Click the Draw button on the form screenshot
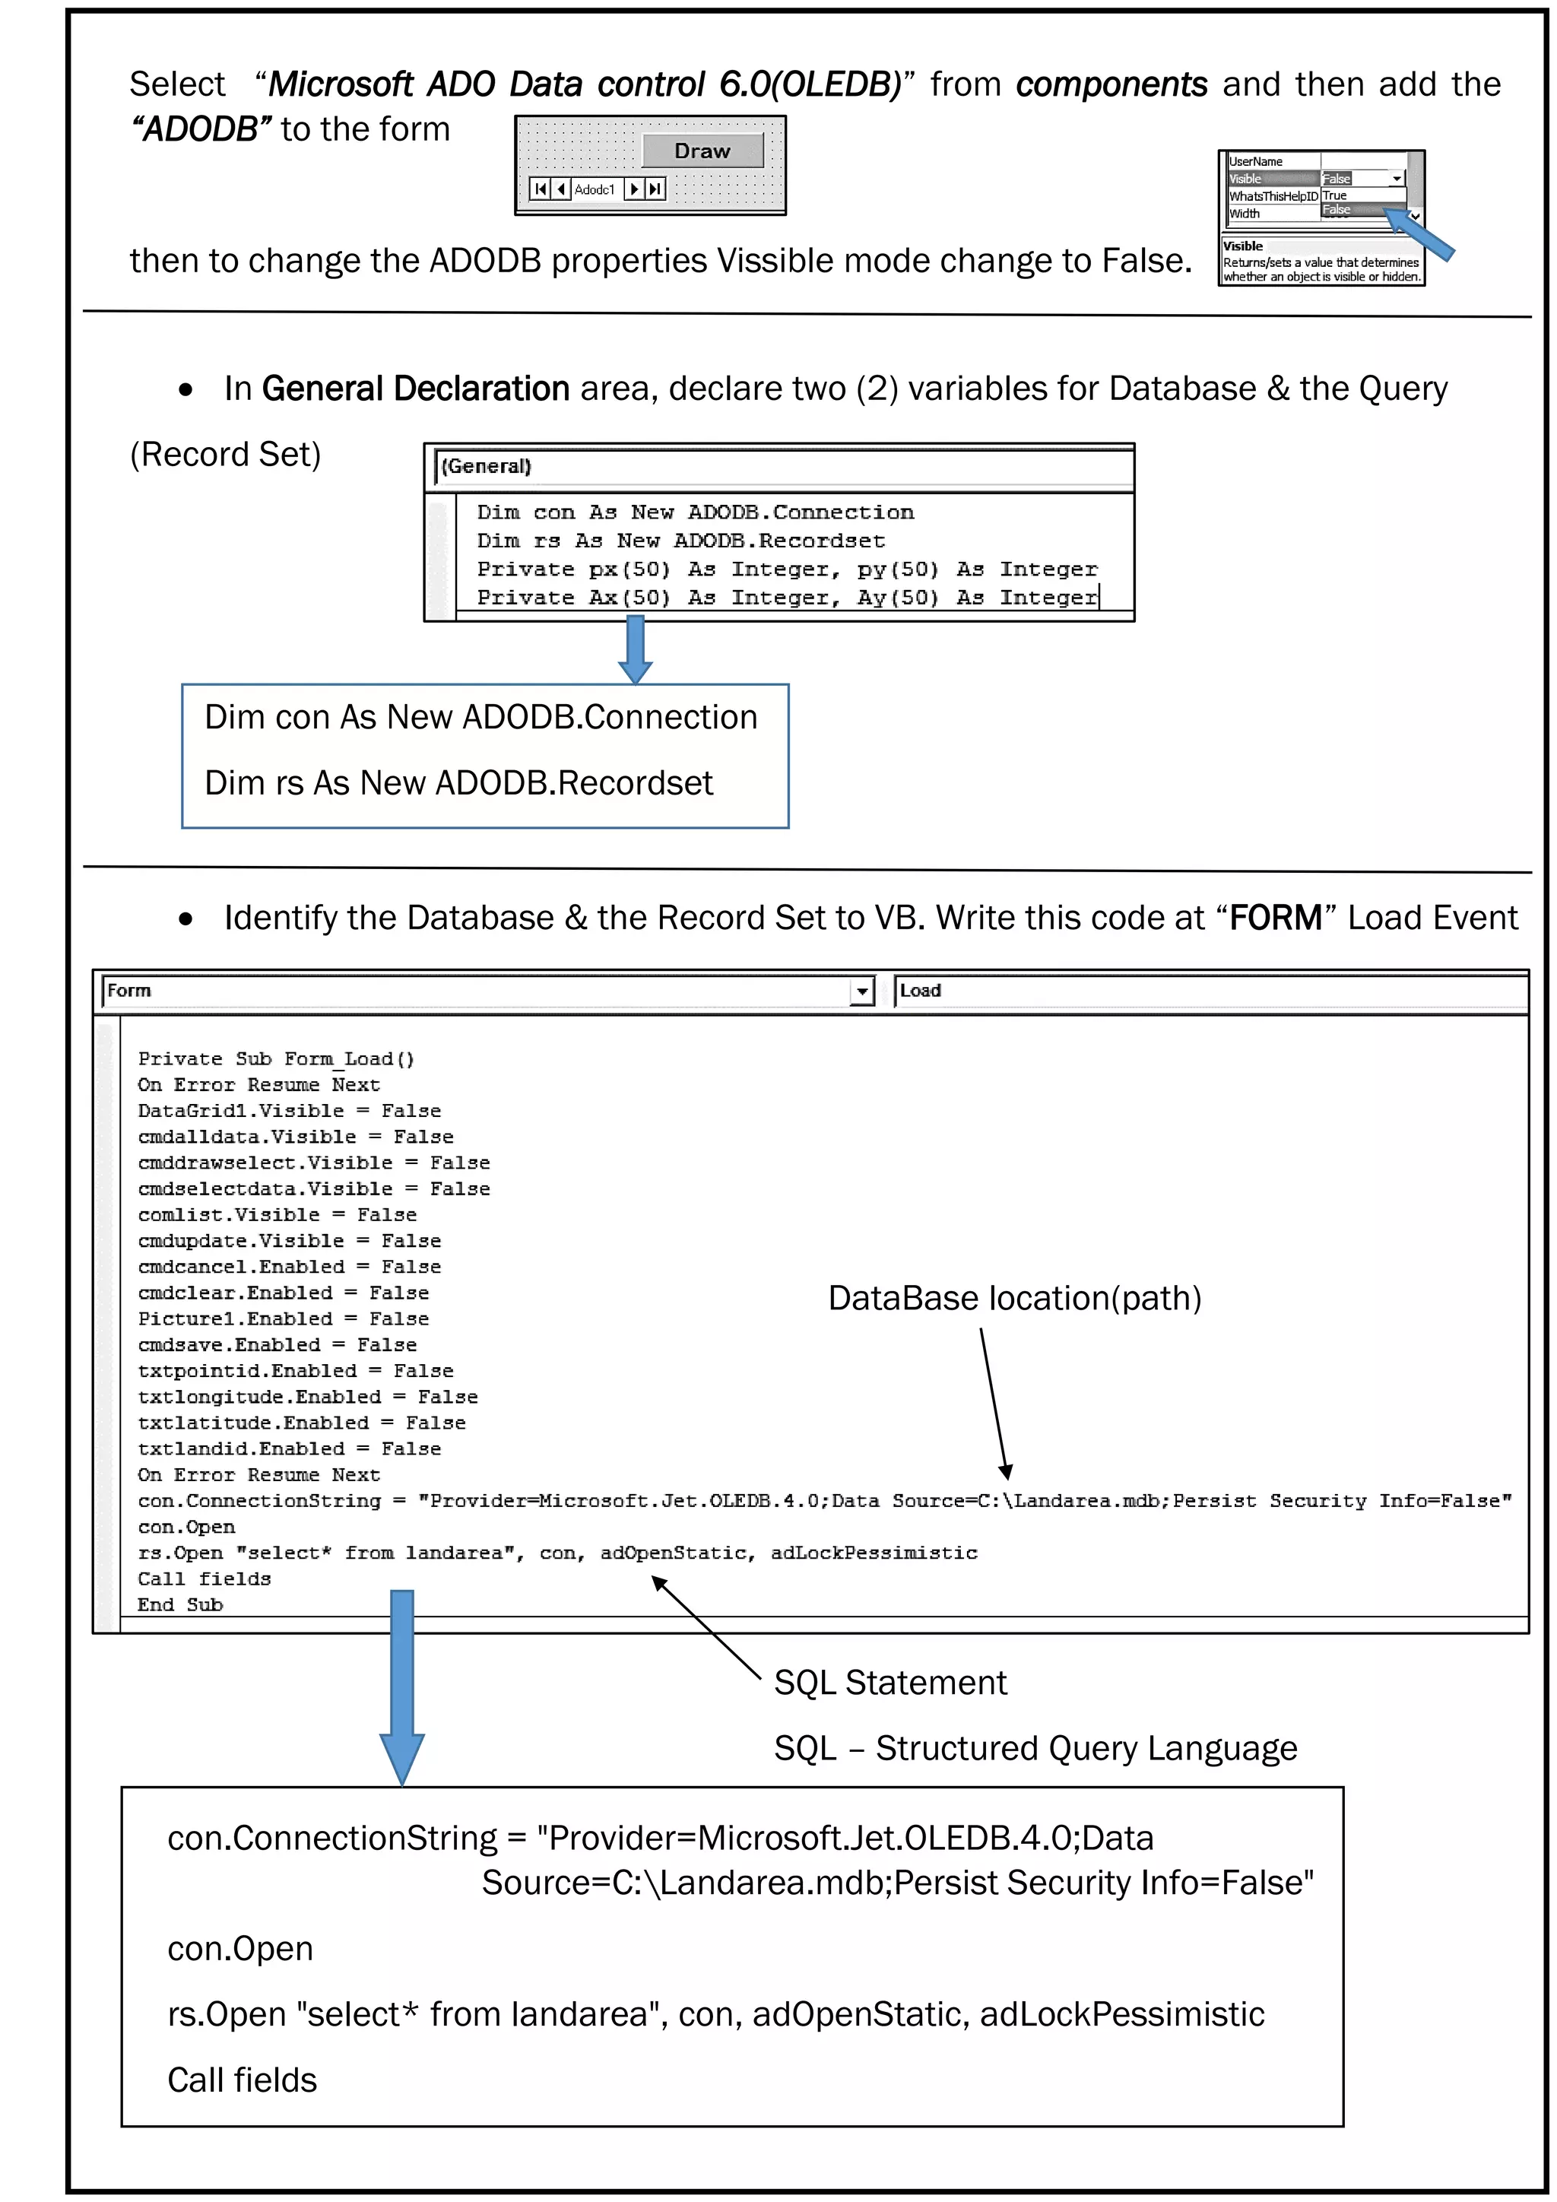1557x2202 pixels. (x=702, y=151)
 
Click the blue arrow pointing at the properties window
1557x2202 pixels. (x=1421, y=236)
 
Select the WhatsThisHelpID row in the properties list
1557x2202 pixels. (x=1273, y=195)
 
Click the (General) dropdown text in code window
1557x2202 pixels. (x=486, y=467)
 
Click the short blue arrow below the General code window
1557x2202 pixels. (x=635, y=649)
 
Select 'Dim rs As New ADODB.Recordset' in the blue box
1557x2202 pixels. (x=458, y=782)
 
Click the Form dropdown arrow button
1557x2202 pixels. (x=862, y=991)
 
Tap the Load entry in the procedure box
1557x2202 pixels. (x=921, y=991)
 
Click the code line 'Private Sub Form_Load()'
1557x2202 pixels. (x=276, y=1059)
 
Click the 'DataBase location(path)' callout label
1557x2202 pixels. (x=1014, y=1299)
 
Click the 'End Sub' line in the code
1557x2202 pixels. (x=180, y=1604)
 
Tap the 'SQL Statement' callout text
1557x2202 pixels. (x=889, y=1682)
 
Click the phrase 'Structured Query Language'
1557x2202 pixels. (x=1086, y=1747)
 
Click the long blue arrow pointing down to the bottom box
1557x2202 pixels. (x=401, y=1688)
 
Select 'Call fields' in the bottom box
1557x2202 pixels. (x=242, y=2080)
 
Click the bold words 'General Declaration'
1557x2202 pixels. (x=415, y=389)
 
